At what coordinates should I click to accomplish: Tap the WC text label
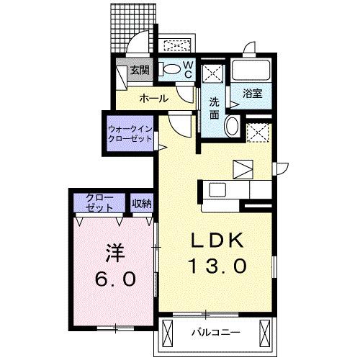pos(186,70)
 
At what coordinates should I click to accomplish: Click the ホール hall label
pos(153,98)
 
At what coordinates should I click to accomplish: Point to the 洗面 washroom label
pos(214,108)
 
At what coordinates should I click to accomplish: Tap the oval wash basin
pos(232,128)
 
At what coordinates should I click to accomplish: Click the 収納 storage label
pos(141,203)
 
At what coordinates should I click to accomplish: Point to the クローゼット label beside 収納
pos(99,202)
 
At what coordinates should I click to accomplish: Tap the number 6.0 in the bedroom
pos(113,279)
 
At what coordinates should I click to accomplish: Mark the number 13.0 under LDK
pos(217,266)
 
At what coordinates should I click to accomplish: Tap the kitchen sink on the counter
pos(217,190)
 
